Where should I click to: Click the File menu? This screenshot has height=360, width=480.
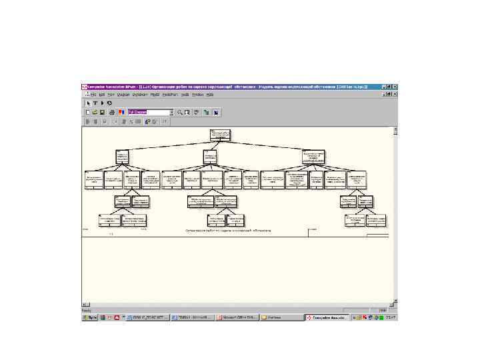coord(93,95)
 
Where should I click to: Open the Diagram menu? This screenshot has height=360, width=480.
coord(123,95)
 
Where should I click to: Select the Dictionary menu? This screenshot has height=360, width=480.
coord(139,95)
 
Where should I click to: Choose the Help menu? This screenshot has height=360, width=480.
coord(209,95)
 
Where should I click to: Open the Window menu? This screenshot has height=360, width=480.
coord(198,95)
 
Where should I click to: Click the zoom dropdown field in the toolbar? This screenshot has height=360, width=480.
coord(145,113)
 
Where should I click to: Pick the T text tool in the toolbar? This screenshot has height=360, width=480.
coord(95,103)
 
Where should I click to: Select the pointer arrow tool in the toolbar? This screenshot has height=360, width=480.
coord(87,103)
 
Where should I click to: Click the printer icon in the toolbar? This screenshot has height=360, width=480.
coord(112,113)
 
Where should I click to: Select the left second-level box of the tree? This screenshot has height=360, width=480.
coord(122,156)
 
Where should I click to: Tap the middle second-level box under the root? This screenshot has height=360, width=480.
coord(212,156)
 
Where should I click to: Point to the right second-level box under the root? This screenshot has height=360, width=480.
coord(313,157)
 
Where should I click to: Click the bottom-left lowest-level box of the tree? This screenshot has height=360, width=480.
coord(109,219)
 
